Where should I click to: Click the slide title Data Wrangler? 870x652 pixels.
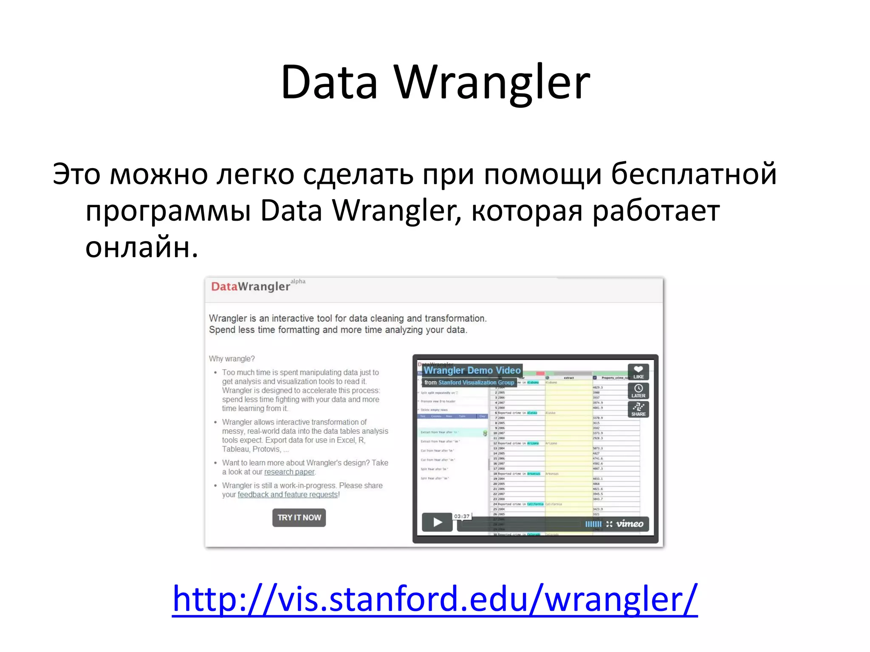[435, 82]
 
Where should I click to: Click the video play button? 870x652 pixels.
[437, 522]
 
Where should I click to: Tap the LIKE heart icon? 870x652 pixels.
[638, 370]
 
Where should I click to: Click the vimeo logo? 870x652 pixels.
[630, 524]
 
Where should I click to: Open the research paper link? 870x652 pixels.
[289, 472]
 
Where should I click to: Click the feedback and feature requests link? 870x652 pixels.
[288, 495]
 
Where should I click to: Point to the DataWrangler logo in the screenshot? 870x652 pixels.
[251, 287]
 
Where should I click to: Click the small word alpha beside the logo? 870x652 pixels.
[298, 281]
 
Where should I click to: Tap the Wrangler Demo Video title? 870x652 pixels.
[472, 370]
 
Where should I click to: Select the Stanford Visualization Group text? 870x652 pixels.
[476, 382]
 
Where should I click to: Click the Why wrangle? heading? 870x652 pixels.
[232, 359]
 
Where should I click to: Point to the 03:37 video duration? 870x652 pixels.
[462, 516]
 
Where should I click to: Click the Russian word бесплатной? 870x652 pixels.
[694, 174]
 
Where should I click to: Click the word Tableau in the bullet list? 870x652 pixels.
[235, 449]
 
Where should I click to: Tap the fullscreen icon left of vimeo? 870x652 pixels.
[609, 524]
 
